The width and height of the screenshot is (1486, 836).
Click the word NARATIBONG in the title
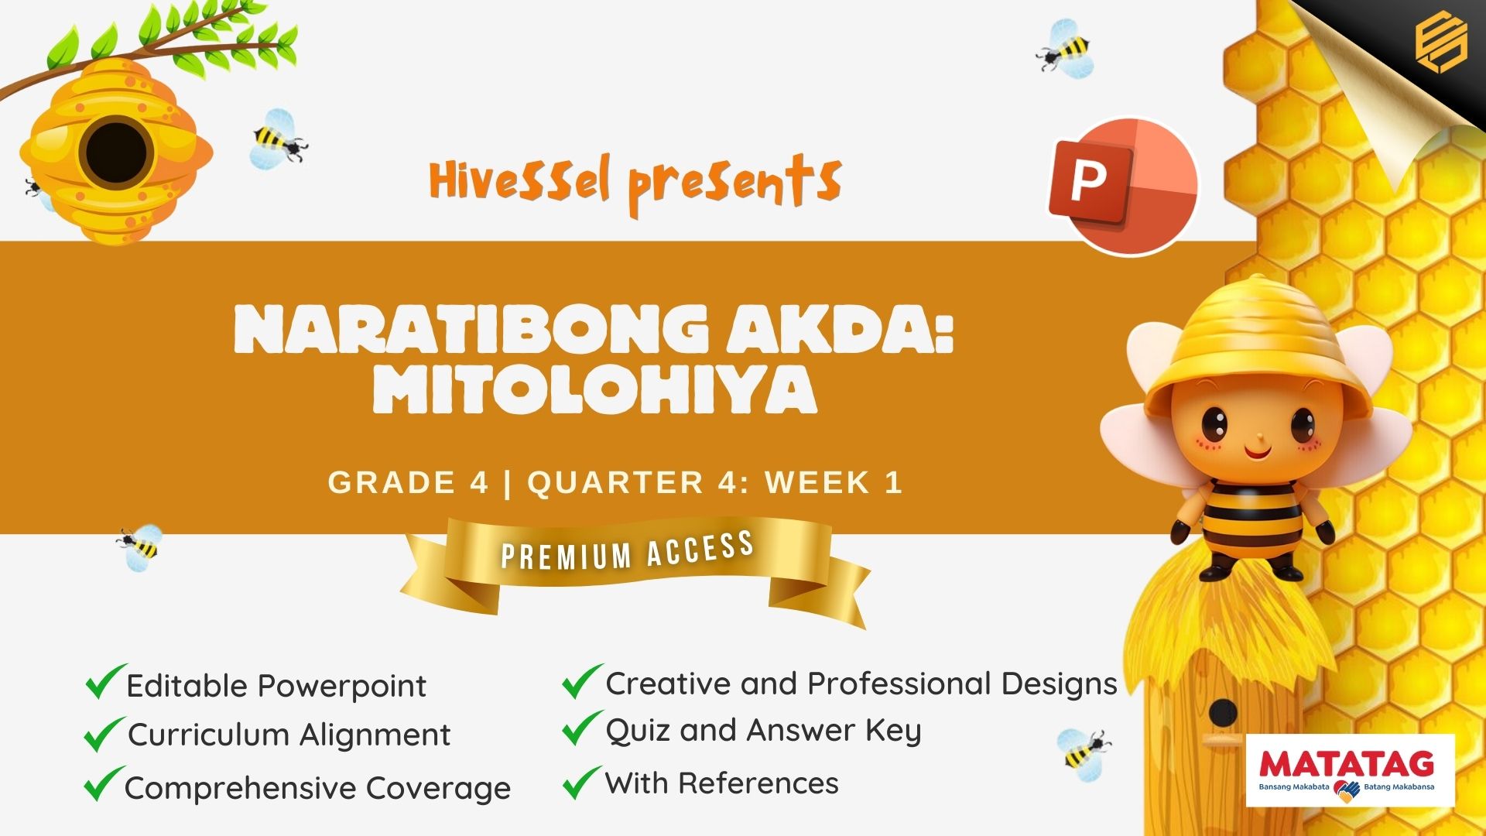point(471,328)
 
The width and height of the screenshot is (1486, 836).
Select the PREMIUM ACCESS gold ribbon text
point(628,551)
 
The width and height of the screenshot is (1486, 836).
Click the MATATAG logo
point(1351,770)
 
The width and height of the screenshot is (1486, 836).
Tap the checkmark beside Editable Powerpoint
point(104,681)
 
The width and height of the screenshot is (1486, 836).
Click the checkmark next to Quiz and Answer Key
point(582,728)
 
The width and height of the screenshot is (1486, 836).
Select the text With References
point(722,783)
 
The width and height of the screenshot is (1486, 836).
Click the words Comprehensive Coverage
point(317,789)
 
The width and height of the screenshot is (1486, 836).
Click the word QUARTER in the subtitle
point(615,482)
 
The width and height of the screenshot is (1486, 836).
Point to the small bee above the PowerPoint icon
point(1067,49)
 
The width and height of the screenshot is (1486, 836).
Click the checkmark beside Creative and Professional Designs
point(582,681)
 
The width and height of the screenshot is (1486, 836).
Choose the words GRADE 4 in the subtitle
point(408,482)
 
